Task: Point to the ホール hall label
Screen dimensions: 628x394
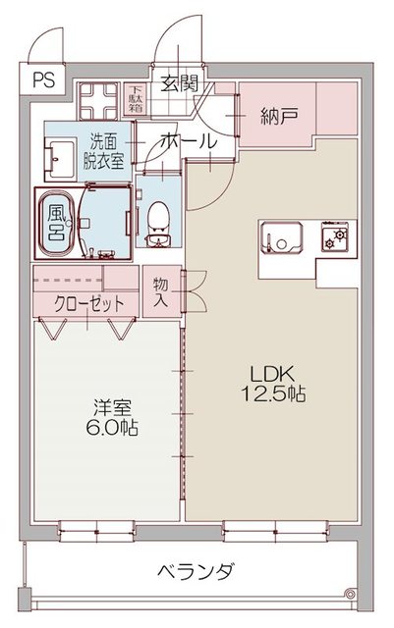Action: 186,141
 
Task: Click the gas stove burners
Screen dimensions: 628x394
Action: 338,237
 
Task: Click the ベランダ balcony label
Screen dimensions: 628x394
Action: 196,571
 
